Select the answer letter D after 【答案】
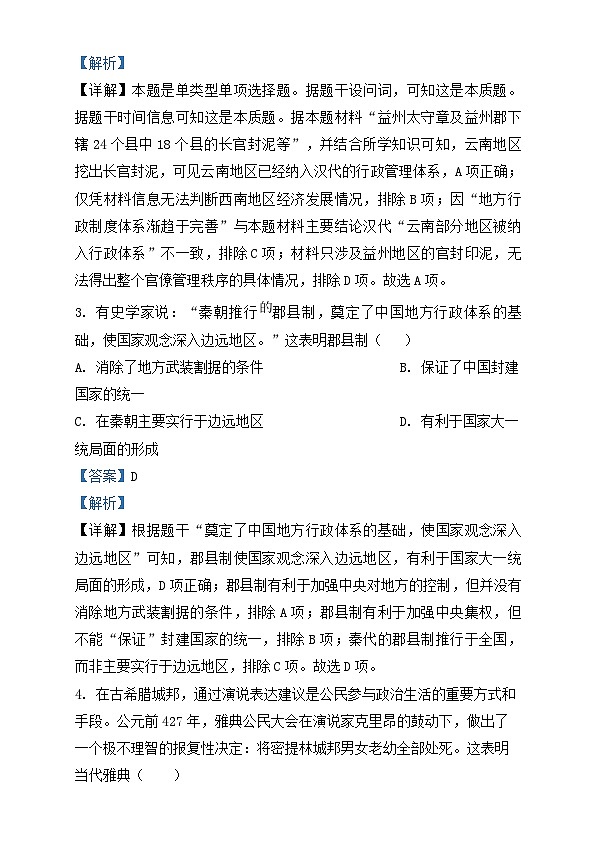[133, 476]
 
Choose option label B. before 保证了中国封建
[405, 368]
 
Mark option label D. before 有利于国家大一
[405, 422]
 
